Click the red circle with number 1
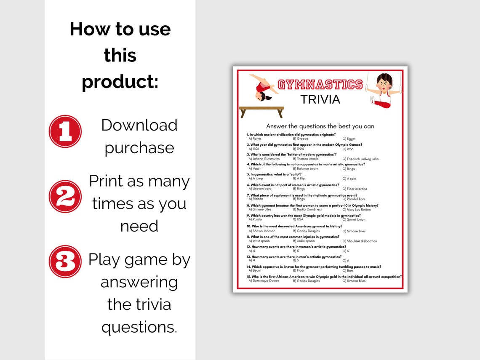pyautogui.click(x=65, y=131)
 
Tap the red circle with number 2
pyautogui.click(x=65, y=196)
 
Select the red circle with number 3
pyautogui.click(x=65, y=261)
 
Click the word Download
pyautogui.click(x=139, y=125)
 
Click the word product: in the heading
pyautogui.click(x=120, y=81)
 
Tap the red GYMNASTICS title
pyautogui.click(x=320, y=84)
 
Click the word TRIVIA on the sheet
pyautogui.click(x=320, y=99)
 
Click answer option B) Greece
pyautogui.click(x=301, y=139)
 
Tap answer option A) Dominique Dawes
pyautogui.click(x=264, y=281)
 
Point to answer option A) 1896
pyautogui.click(x=254, y=149)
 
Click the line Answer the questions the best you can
pyautogui.click(x=320, y=126)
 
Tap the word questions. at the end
pyautogui.click(x=139, y=327)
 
